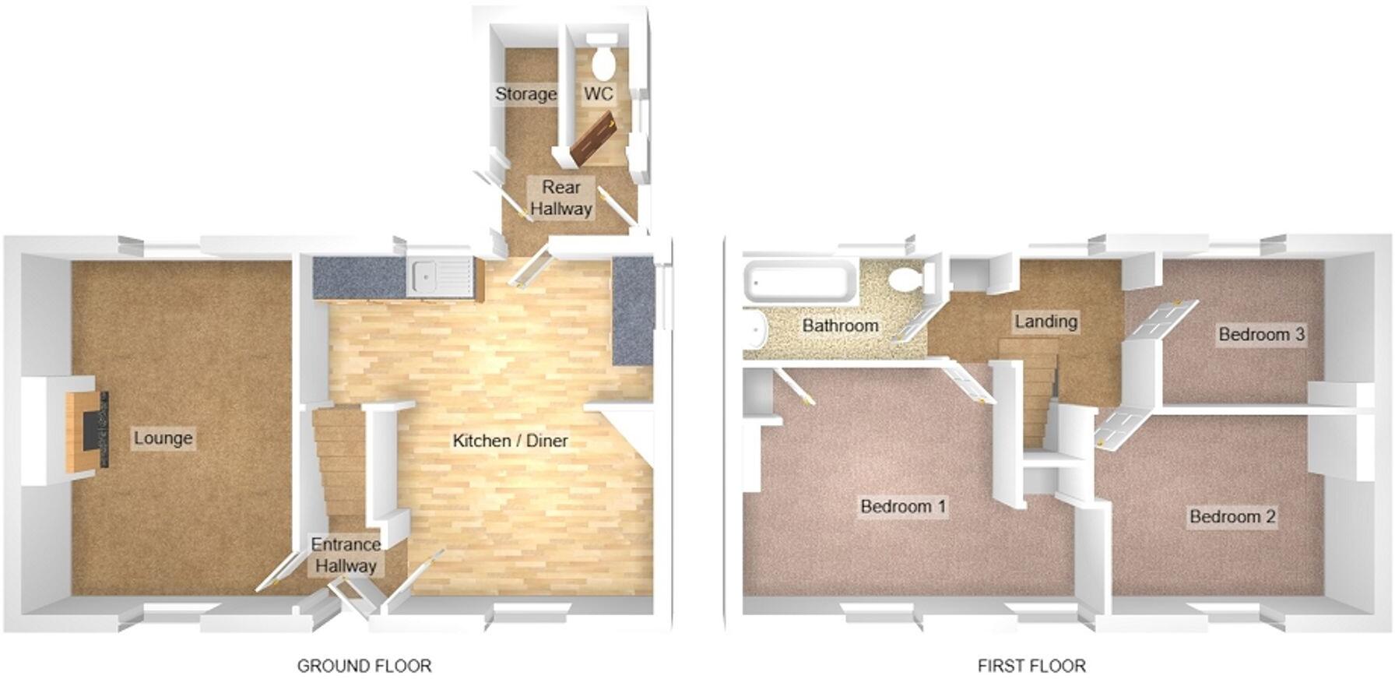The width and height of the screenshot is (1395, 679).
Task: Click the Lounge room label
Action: [163, 438]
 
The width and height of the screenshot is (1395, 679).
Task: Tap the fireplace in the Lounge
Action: [88, 429]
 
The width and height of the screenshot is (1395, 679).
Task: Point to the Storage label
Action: [526, 94]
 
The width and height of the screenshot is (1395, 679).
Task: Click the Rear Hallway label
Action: [561, 198]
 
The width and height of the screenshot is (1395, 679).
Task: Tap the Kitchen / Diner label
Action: [510, 441]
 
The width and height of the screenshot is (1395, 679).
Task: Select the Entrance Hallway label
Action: [346, 555]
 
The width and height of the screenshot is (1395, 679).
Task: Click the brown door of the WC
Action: [592, 139]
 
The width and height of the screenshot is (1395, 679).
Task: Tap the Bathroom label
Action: [840, 325]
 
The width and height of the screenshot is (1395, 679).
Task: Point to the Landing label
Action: [1045, 321]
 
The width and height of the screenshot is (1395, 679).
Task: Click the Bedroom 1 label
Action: [903, 507]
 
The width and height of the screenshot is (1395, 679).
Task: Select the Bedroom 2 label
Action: [1232, 516]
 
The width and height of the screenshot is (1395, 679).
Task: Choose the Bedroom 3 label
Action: [1261, 335]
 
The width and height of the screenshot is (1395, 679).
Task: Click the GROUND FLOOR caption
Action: [364, 666]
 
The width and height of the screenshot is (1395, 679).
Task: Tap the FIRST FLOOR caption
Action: [1031, 666]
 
